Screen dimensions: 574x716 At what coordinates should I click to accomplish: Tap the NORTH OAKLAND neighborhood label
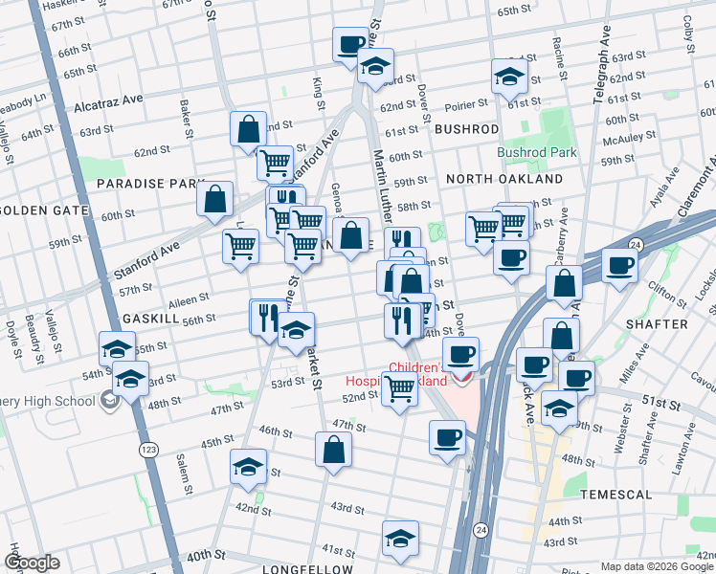[504, 179]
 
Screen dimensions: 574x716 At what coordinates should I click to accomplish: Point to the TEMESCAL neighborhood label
[616, 495]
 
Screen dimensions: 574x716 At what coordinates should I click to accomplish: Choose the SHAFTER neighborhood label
[656, 324]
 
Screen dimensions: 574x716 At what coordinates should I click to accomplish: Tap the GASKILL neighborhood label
[151, 317]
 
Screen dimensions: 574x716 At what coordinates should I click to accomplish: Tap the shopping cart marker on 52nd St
[399, 388]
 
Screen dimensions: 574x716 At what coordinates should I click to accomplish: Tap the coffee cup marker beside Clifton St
[619, 266]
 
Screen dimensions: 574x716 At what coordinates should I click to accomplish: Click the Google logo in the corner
[32, 562]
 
